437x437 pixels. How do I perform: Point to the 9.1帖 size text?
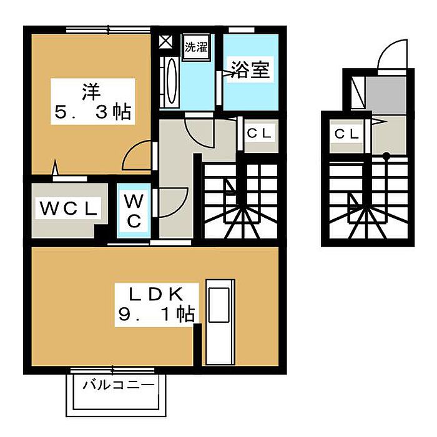pos(156,314)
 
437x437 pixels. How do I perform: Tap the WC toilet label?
pos(135,211)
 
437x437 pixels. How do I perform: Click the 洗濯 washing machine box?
pos(195,46)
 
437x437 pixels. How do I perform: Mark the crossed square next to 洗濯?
pos(165,42)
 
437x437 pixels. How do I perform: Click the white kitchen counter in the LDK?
pos(220,322)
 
